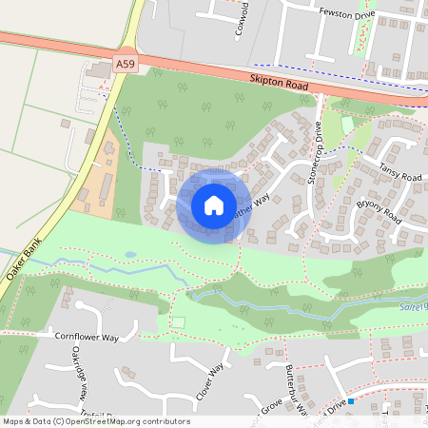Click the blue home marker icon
214,204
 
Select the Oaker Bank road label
22,265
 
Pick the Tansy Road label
399,171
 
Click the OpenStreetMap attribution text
95,421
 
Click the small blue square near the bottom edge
351,401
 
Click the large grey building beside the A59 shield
98,70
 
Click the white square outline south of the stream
179,322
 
